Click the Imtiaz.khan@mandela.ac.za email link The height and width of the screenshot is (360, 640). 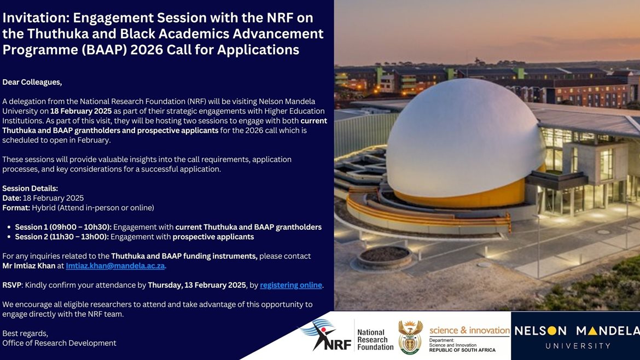[115, 266]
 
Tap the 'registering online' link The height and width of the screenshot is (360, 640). [291, 285]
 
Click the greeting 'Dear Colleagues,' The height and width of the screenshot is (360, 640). [32, 82]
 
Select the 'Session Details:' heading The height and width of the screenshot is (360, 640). [30, 188]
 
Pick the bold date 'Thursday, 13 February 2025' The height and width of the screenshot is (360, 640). [197, 285]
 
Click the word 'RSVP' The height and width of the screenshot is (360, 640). [12, 285]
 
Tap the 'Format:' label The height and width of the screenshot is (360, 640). [16, 208]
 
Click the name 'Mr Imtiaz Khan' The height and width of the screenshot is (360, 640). [28, 266]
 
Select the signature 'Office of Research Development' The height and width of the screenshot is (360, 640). [59, 343]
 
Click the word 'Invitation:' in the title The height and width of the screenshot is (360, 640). [36, 18]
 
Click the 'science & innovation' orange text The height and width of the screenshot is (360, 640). [469, 330]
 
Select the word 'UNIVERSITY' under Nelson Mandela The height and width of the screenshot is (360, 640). [578, 346]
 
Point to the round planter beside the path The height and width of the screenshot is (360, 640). [384, 257]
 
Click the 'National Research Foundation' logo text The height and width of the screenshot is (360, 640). [375, 340]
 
